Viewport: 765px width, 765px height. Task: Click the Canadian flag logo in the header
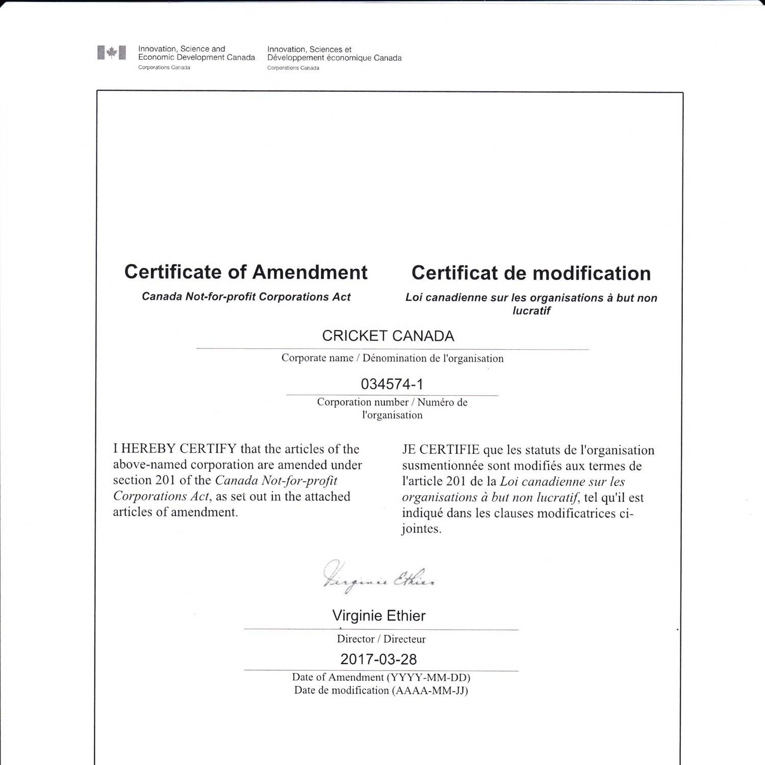click(x=111, y=53)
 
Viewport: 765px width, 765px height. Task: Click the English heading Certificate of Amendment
click(x=246, y=272)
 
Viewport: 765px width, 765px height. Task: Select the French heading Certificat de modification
click(x=531, y=273)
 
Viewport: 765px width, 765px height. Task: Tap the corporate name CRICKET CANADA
click(x=388, y=336)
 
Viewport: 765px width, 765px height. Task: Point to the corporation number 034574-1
click(x=392, y=384)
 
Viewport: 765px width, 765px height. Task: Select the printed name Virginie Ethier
click(x=378, y=616)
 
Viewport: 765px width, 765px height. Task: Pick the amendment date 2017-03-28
click(x=378, y=659)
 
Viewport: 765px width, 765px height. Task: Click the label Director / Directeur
click(x=381, y=639)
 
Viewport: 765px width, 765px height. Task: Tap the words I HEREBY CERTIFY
click(x=174, y=449)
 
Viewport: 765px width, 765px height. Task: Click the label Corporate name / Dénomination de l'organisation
click(x=392, y=358)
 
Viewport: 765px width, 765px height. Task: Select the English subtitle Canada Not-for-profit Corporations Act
click(x=246, y=297)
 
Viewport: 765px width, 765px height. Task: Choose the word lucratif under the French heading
click(x=531, y=311)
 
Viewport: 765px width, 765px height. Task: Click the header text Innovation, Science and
click(x=182, y=49)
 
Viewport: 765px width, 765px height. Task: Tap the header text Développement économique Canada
click(x=334, y=58)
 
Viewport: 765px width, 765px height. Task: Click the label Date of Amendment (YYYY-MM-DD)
click(x=381, y=677)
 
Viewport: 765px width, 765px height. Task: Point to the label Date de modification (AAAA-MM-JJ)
click(x=381, y=691)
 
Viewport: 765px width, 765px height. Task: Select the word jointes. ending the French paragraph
click(x=421, y=529)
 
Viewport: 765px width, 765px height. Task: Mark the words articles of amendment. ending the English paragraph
click(x=175, y=512)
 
